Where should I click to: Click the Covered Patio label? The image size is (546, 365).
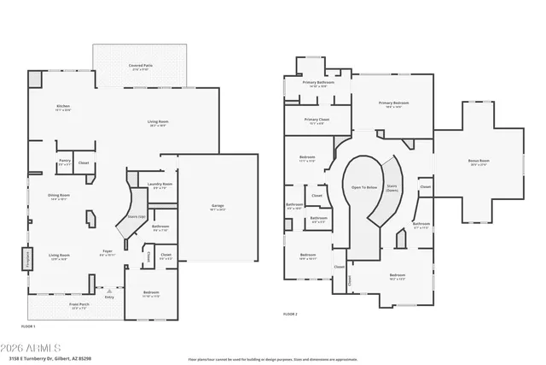(141, 64)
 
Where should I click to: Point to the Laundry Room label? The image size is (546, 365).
(160, 185)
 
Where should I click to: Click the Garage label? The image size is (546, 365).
(218, 206)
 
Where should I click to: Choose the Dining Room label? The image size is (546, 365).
(59, 196)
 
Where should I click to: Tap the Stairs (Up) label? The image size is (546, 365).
(135, 217)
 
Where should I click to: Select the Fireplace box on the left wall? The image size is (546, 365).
(26, 259)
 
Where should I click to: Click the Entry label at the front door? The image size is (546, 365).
(108, 297)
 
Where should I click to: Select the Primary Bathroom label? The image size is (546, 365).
(317, 83)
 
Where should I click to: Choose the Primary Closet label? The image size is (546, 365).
(317, 120)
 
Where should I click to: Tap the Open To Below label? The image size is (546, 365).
(364, 186)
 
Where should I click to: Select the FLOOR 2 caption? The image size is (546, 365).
(290, 315)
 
